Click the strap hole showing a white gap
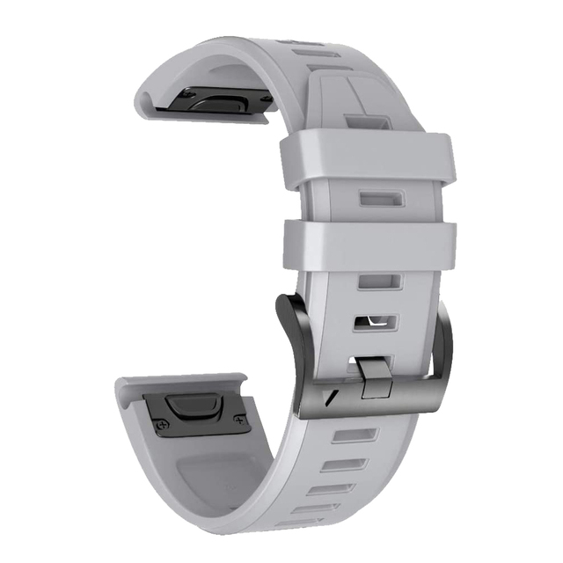[377, 322]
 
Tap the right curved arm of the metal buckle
[444, 347]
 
